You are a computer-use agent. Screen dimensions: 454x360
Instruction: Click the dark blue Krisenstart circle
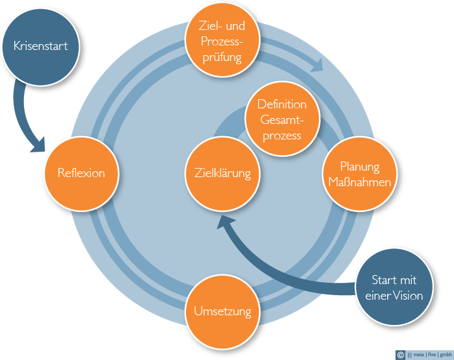click(41, 47)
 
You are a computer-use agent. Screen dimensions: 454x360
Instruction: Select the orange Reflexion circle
click(81, 173)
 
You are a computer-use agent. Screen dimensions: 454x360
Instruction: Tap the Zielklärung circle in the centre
click(222, 173)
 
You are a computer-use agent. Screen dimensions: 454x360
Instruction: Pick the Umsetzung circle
click(222, 311)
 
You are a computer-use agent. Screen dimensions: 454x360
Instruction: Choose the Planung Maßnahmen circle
click(359, 173)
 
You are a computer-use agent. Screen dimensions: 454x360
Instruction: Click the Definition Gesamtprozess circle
click(282, 119)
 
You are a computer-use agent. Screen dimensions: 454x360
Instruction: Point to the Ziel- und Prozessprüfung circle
click(222, 40)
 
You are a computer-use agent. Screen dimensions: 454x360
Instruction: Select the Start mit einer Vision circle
click(394, 287)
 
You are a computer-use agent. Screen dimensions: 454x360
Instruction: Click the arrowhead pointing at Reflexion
click(39, 145)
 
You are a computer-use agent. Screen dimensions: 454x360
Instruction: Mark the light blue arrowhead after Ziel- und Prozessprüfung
click(318, 65)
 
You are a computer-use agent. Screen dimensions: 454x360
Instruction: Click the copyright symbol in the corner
click(400, 355)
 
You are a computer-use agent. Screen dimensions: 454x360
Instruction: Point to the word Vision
click(408, 296)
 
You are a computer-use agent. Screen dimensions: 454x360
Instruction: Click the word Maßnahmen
click(359, 182)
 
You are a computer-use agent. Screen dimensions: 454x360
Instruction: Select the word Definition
click(282, 104)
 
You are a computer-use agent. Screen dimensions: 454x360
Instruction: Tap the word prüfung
click(222, 57)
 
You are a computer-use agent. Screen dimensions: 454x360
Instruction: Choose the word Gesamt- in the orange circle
click(281, 120)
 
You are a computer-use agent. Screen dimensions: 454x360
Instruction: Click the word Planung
click(359, 167)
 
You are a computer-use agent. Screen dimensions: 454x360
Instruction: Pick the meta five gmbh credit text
click(429, 355)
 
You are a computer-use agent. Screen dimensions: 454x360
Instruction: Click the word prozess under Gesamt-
click(282, 136)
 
